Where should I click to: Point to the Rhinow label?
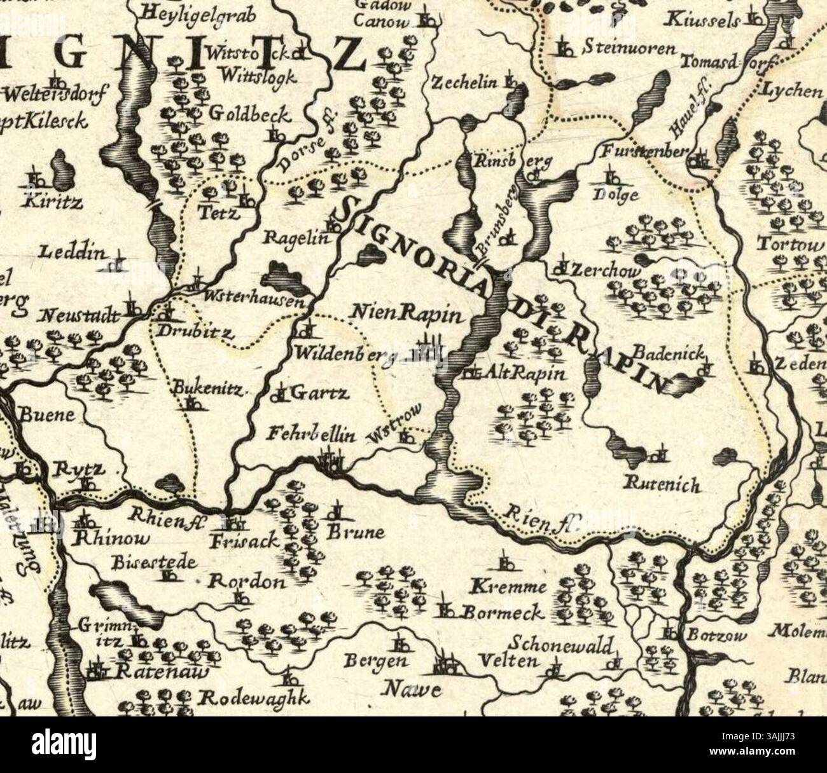[x=111, y=539]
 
